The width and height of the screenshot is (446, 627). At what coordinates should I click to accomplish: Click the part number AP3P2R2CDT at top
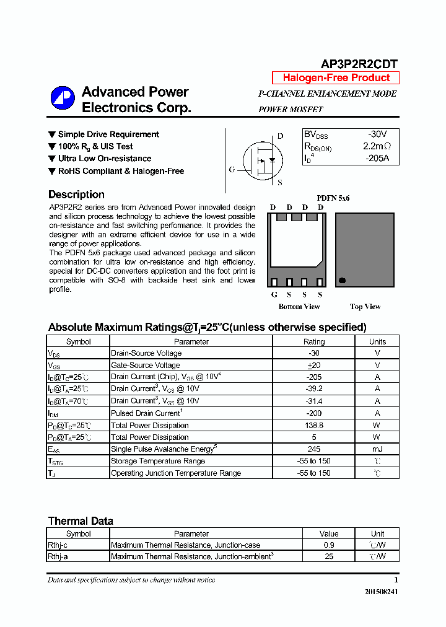point(359,64)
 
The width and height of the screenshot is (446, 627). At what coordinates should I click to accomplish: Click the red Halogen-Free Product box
point(336,78)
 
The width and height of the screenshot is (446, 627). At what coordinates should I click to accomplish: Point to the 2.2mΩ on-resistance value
point(377,146)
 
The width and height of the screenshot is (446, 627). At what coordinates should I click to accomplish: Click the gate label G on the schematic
point(232,169)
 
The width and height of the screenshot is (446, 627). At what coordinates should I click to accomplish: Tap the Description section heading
point(76,195)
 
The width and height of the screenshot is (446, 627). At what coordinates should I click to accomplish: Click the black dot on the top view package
point(341,281)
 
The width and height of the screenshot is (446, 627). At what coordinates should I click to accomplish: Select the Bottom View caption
point(299,307)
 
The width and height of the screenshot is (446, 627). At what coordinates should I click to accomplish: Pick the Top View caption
point(365,307)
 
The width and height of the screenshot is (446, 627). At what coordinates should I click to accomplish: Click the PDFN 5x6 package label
point(333,198)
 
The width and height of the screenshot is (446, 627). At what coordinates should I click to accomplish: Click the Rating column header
point(313,341)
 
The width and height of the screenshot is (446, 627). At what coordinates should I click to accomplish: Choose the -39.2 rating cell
point(313,389)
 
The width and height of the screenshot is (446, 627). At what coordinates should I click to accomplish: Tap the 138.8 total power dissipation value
point(313,426)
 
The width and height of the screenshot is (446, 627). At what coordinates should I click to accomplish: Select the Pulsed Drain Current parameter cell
point(146,413)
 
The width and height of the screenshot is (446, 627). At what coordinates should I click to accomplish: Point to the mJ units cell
point(377,449)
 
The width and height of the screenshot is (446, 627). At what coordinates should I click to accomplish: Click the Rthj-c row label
point(58,545)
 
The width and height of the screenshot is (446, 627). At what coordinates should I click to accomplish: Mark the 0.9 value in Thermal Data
point(329,545)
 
